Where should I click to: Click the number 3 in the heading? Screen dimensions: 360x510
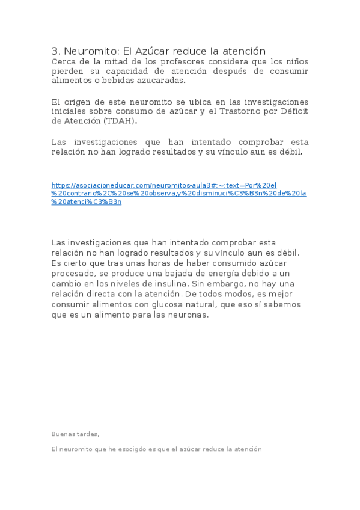click(x=55, y=51)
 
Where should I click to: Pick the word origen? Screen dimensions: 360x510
click(x=78, y=102)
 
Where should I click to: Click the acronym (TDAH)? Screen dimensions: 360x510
click(x=120, y=121)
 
